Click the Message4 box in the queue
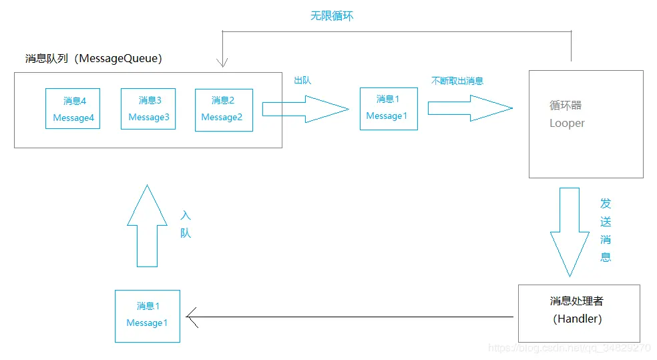[73, 108]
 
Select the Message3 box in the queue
[148, 108]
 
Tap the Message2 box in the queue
[224, 109]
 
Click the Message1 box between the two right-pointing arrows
[389, 108]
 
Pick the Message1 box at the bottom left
[148, 315]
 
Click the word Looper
[567, 123]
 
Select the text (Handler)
[578, 319]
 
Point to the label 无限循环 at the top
[332, 15]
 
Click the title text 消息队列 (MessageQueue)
[93, 58]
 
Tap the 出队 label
[302, 80]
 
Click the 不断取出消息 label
[457, 80]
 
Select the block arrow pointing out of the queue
[305, 108]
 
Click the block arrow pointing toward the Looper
[470, 108]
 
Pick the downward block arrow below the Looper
[570, 230]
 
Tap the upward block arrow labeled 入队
[148, 227]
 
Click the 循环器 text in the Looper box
[566, 106]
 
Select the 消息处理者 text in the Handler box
[576, 301]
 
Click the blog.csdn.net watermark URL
[569, 348]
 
